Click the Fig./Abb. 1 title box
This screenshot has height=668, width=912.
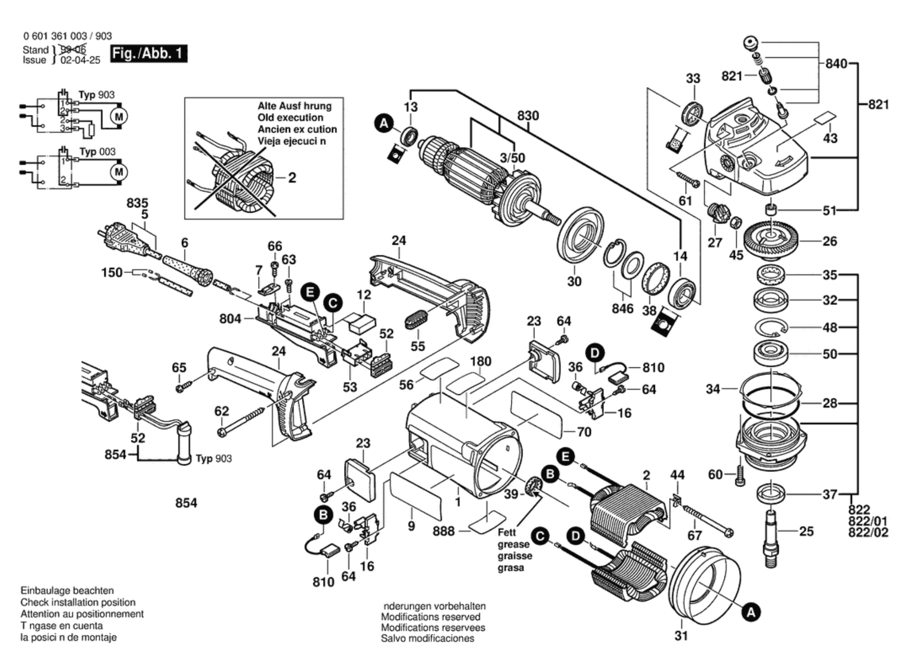tap(149, 53)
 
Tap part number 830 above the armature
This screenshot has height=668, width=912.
tap(528, 116)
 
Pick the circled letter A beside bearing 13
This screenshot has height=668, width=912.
tap(384, 124)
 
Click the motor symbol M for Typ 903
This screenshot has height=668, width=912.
tap(119, 116)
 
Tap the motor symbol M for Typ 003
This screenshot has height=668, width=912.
tap(119, 172)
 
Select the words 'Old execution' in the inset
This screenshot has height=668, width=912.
tap(290, 118)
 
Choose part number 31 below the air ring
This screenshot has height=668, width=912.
tap(681, 636)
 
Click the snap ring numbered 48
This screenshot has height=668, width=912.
tap(771, 327)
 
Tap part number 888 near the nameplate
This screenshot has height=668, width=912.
tap(444, 531)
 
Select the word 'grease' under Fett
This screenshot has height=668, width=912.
tap(513, 544)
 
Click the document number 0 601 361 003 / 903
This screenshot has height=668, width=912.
tap(67, 36)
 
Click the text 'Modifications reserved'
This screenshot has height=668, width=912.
tap(430, 617)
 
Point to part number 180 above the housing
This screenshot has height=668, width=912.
tap(481, 362)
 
